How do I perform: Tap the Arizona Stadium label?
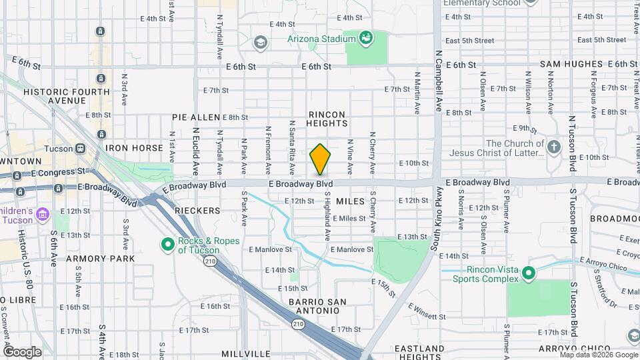point(321,39)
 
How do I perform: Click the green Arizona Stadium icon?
point(365,38)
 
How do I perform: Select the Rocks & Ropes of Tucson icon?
point(168,245)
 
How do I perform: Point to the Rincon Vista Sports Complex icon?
point(529,273)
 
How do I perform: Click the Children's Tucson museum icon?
point(43,214)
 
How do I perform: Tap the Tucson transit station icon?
point(80,148)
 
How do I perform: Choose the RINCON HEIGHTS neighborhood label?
point(327,119)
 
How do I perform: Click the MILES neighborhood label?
point(350,201)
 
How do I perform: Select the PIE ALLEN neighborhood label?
point(196,117)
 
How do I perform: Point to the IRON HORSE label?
point(134,148)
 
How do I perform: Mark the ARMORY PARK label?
point(100,258)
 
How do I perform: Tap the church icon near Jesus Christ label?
point(554,147)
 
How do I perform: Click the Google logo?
point(23,351)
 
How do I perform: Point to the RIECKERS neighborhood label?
point(197,211)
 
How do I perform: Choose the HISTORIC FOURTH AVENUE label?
point(67,96)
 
